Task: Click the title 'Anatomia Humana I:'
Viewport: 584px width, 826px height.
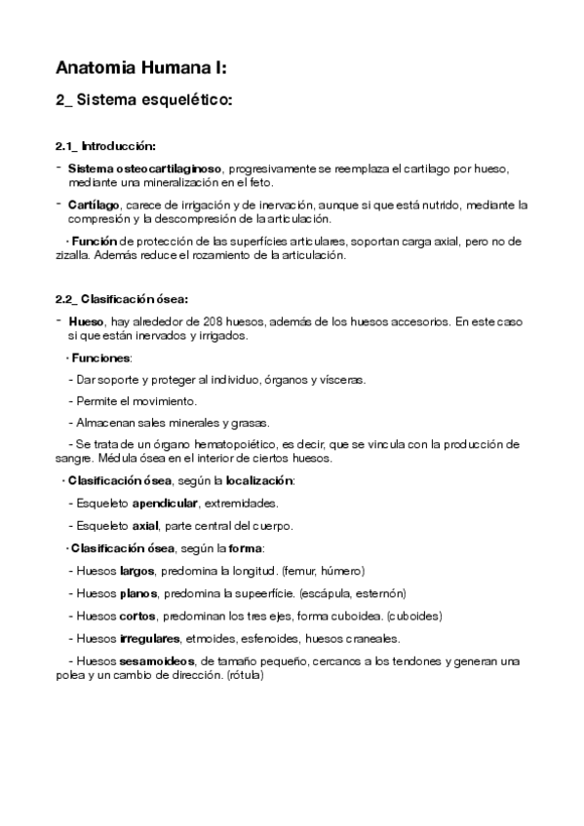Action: [x=141, y=67]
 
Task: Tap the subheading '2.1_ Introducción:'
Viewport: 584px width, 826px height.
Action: [x=105, y=146]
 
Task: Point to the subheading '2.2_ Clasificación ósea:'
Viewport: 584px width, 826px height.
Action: [x=122, y=298]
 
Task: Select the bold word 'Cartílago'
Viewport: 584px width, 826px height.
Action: [x=95, y=205]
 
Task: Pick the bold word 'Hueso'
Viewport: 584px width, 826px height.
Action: [x=87, y=320]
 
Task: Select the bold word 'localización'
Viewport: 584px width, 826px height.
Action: [x=258, y=481]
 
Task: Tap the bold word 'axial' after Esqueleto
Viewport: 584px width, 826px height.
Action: [x=145, y=526]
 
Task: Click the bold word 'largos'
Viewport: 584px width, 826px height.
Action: [x=136, y=570]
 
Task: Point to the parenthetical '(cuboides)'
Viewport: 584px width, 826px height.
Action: [x=415, y=615]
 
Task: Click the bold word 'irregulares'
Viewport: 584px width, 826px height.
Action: [x=149, y=638]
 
